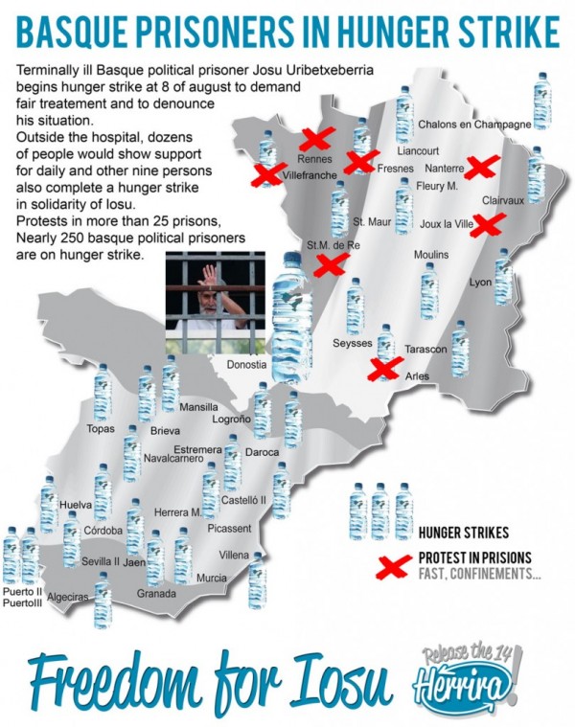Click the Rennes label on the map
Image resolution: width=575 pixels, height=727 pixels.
click(x=314, y=158)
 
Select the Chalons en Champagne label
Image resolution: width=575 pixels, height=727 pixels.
click(x=474, y=125)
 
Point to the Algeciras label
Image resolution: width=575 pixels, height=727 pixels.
click(x=67, y=597)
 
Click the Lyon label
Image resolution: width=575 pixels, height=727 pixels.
click(x=480, y=283)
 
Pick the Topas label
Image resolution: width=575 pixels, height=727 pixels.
click(x=101, y=428)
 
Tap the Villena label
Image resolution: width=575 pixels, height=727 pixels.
click(x=234, y=556)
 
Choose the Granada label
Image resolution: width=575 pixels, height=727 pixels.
click(x=157, y=594)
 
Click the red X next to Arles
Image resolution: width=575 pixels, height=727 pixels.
click(x=385, y=367)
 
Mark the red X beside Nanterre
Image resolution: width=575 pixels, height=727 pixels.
click(x=479, y=168)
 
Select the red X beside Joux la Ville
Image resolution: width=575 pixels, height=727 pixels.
click(x=490, y=225)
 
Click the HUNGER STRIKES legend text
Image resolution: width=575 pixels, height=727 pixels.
click(x=464, y=533)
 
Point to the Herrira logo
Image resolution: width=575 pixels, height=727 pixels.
click(x=468, y=684)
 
